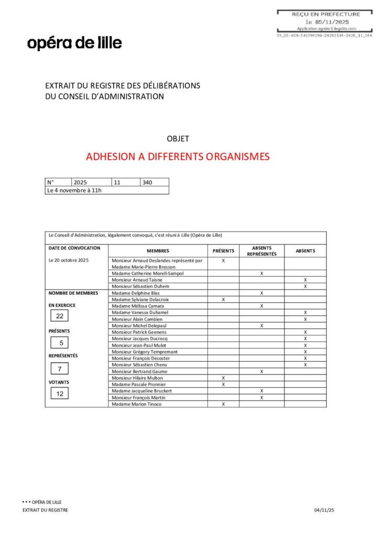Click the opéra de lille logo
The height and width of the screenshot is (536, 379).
coord(74,43)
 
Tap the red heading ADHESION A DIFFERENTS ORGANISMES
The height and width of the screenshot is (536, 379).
coord(177,157)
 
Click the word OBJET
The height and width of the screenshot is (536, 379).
coord(177,139)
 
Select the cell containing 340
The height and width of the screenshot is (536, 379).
coord(154,182)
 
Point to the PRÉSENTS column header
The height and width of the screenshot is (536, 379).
coord(223,251)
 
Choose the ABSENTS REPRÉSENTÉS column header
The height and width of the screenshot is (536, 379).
coord(261,251)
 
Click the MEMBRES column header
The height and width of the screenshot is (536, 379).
coord(158,251)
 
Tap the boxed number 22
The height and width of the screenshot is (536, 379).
coord(60,316)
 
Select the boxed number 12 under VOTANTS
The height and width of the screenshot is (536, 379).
coord(60,393)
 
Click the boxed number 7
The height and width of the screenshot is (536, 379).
coord(60,368)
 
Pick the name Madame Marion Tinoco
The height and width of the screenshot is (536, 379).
coord(137,404)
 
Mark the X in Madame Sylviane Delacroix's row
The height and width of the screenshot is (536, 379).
coord(224,299)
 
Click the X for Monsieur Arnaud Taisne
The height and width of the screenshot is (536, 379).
coord(305,280)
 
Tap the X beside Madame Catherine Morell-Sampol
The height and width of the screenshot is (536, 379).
coord(261,273)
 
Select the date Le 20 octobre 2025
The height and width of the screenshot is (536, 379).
coord(69,260)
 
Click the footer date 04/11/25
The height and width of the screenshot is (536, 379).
coord(324,510)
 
